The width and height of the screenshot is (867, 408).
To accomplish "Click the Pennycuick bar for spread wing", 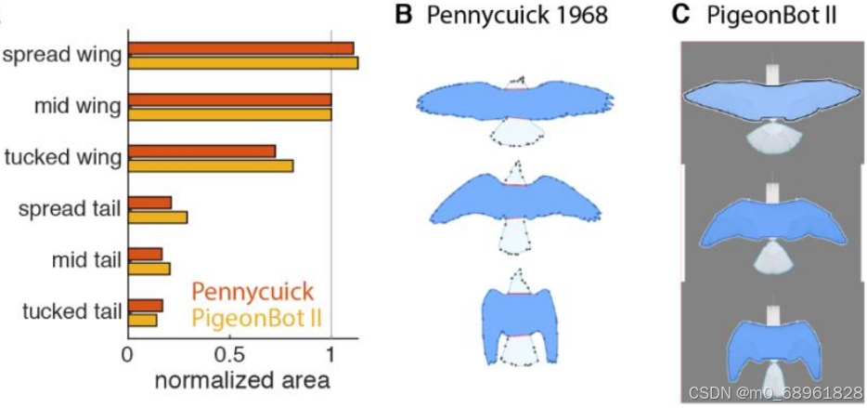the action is pos(240,48).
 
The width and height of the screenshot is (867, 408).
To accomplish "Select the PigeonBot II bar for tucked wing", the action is pos(211,165).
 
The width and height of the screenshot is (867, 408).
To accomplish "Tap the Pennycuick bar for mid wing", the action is pos(229,99).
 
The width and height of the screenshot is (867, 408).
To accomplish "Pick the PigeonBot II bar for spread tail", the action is pos(158,217).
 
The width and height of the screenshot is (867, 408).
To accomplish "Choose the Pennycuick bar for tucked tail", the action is pos(145,305).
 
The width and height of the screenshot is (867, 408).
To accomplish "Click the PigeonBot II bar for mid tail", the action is pos(149,269).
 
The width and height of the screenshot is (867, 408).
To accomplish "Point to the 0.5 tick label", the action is pos(228,356).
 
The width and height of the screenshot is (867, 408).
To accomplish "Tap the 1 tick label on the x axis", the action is pos(331,356).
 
